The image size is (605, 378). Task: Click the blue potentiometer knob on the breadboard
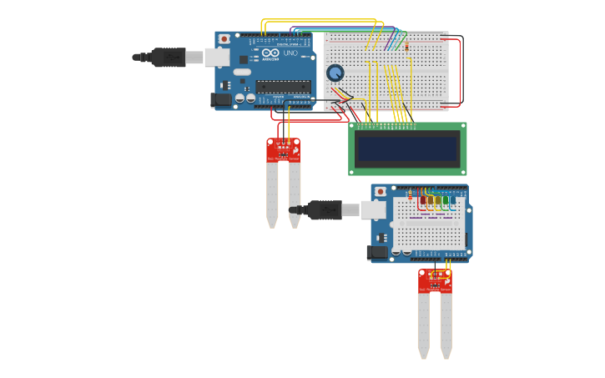335,73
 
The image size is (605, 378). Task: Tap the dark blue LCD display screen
406,149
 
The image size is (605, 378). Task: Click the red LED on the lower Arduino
423,200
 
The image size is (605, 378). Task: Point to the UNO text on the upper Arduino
290,53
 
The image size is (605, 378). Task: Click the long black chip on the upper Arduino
283,86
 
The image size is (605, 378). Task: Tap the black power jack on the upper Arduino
219,100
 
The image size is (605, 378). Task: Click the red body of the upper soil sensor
283,150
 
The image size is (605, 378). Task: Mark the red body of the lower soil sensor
435,281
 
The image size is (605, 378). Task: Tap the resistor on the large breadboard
406,47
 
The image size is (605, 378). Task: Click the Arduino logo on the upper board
270,53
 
